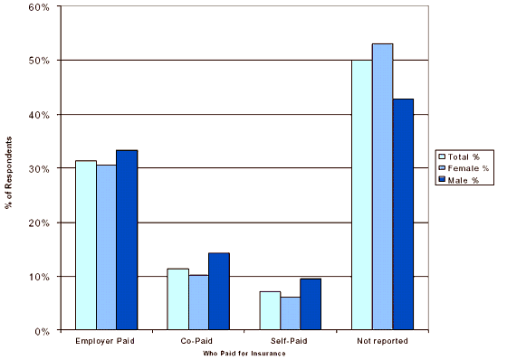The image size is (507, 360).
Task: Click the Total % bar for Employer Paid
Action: click(x=86, y=245)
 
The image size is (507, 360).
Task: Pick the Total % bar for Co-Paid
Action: click(x=177, y=299)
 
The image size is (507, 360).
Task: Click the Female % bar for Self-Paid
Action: click(x=291, y=313)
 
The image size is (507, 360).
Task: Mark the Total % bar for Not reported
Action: click(x=362, y=194)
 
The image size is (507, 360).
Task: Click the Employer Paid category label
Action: click(x=107, y=341)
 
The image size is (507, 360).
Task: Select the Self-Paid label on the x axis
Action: click(x=291, y=341)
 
